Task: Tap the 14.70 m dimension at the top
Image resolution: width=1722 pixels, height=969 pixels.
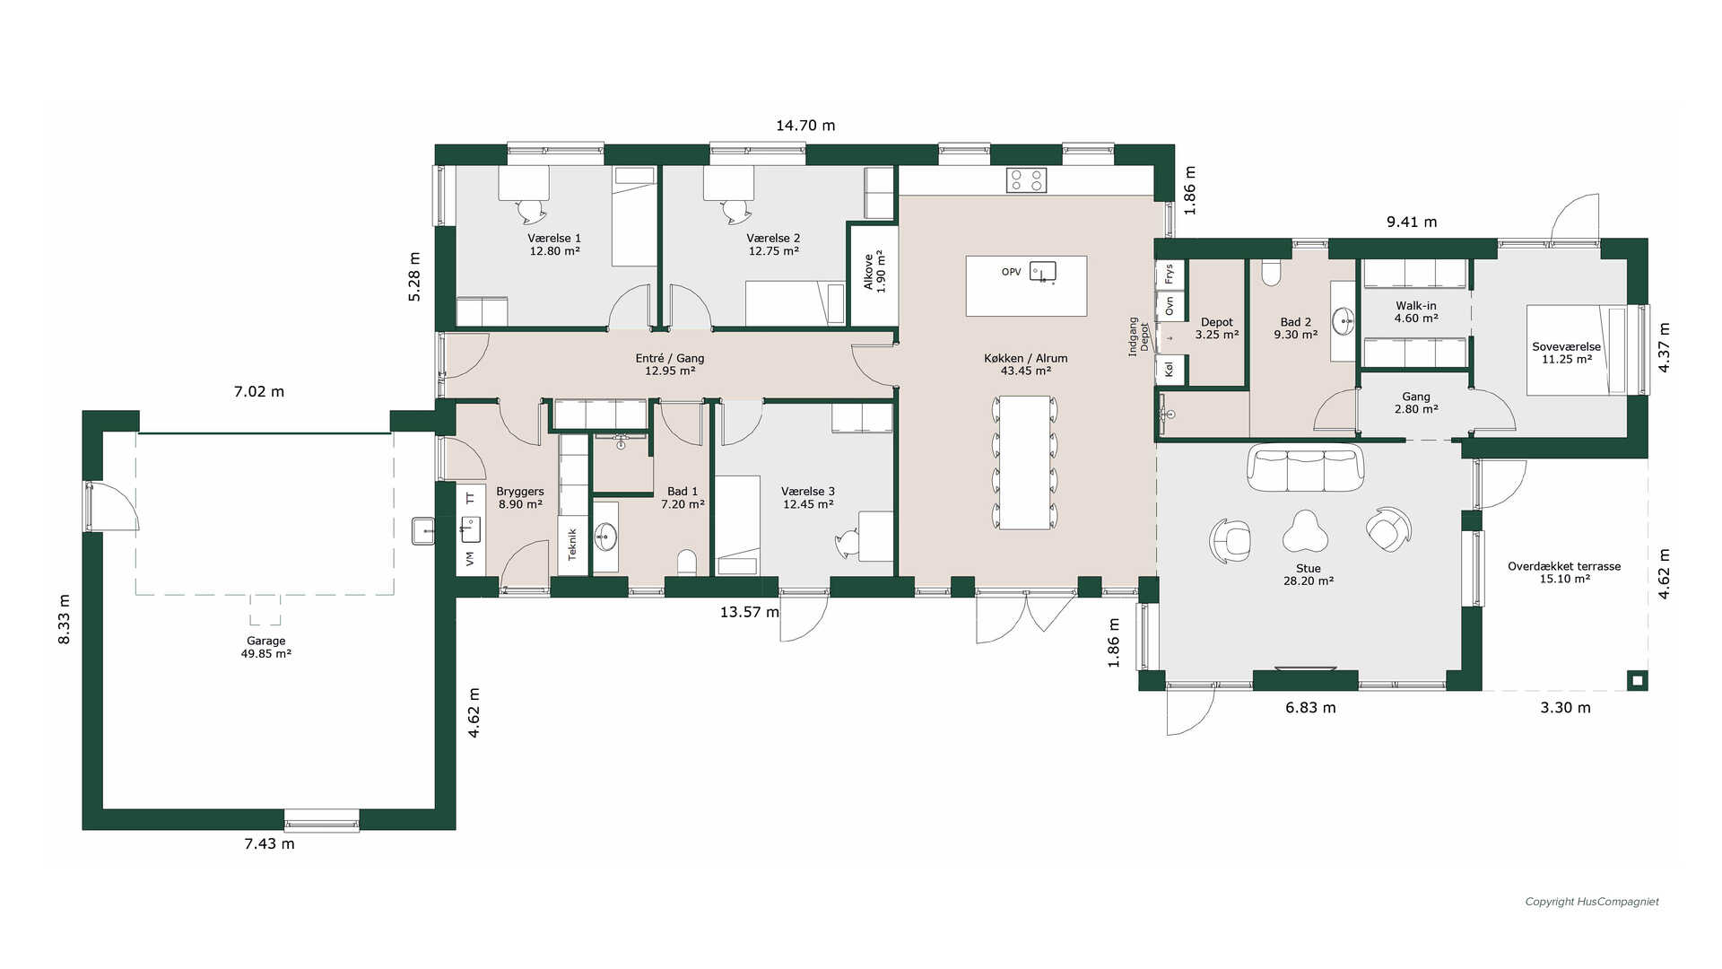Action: [805, 126]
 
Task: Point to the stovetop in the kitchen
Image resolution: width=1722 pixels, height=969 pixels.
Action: [1026, 180]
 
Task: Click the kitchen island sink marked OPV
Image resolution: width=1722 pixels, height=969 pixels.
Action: [1043, 271]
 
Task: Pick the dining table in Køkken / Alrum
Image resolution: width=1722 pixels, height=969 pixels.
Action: [1025, 462]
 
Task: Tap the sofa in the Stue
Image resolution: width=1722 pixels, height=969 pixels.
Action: [1305, 467]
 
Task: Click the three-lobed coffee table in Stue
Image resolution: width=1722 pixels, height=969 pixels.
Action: [1305, 532]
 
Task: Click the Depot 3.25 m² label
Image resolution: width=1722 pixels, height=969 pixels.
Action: [1217, 328]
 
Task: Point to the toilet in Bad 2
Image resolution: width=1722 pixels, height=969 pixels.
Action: [1271, 272]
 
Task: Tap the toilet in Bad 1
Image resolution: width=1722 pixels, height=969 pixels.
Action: [687, 562]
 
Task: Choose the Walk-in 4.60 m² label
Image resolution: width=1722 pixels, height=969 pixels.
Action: [1416, 312]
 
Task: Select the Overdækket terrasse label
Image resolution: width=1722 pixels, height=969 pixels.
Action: [1564, 572]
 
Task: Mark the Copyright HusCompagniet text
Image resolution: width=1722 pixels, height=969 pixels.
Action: [1592, 902]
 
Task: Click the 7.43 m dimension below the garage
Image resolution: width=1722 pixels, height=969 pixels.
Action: [269, 843]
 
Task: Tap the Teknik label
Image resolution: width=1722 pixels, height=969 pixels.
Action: [572, 544]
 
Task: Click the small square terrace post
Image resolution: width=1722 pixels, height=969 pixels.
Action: [1638, 681]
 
